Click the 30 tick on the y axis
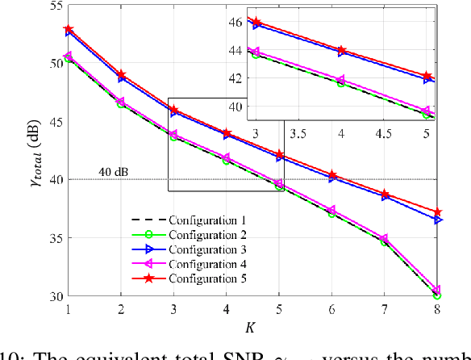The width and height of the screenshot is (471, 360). point(54,296)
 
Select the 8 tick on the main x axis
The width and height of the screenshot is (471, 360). point(437,308)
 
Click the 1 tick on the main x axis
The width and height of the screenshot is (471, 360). point(69,308)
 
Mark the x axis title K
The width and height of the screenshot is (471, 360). point(253,327)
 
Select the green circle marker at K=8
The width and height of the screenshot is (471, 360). point(437,295)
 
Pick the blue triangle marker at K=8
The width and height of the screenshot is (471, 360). point(437,220)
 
